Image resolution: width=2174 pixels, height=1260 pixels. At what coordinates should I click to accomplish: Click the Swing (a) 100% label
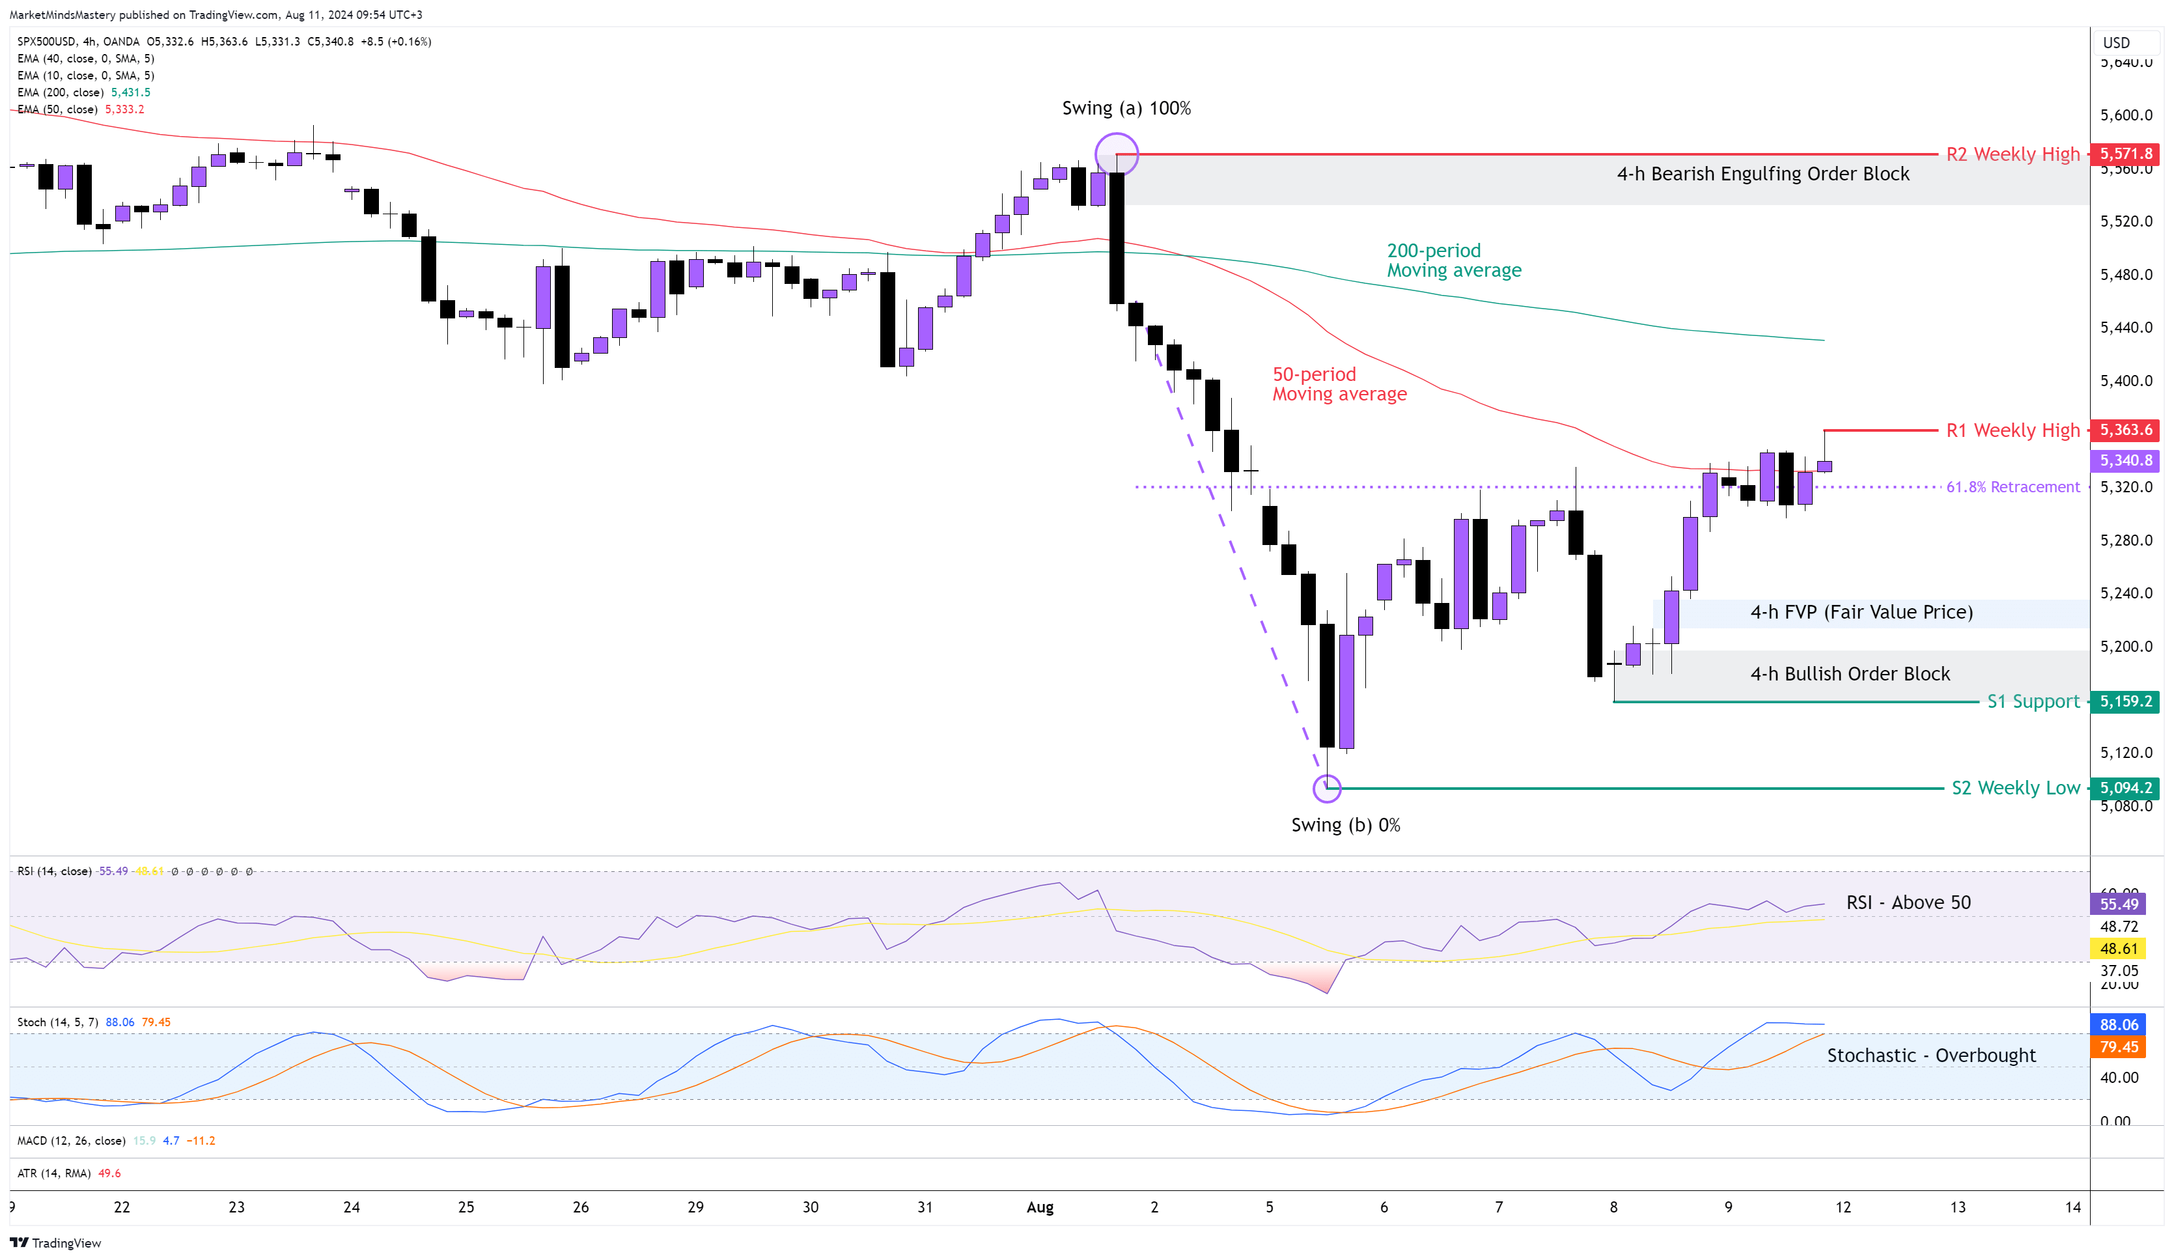pyautogui.click(x=1126, y=108)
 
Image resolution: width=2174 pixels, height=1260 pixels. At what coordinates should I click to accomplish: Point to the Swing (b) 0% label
pyautogui.click(x=1345, y=825)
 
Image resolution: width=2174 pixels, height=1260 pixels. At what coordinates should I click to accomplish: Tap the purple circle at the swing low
pyautogui.click(x=1327, y=788)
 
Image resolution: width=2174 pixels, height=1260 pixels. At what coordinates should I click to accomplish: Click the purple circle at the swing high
pyautogui.click(x=1117, y=154)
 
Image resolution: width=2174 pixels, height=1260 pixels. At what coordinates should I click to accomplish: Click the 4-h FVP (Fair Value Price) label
pyautogui.click(x=1861, y=612)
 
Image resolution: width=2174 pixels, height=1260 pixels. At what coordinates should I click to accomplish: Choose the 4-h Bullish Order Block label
pyautogui.click(x=1850, y=674)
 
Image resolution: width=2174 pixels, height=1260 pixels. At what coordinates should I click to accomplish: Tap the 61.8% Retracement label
pyautogui.click(x=2013, y=486)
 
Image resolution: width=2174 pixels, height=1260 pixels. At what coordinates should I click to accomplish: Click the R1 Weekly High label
pyautogui.click(x=2013, y=430)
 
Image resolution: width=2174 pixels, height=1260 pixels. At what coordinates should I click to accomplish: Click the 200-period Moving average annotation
pyautogui.click(x=1454, y=260)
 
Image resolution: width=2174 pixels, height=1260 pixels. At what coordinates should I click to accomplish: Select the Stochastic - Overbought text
pyautogui.click(x=1930, y=1056)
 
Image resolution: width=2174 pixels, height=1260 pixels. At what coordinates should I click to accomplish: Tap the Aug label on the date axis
pyautogui.click(x=1040, y=1207)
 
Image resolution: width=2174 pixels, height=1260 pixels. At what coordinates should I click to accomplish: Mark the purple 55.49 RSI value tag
pyautogui.click(x=2119, y=904)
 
